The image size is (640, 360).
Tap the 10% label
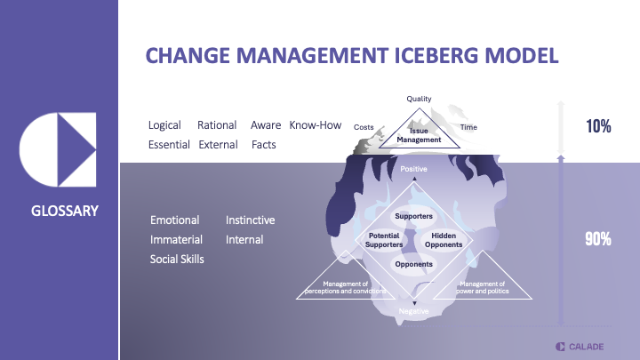coord(597,126)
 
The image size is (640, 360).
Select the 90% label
coord(597,238)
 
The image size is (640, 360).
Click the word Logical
coord(165,125)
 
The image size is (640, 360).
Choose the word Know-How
coord(316,125)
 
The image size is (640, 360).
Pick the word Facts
coord(263,144)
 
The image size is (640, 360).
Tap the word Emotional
coord(174,220)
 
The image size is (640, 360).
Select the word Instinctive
coord(250,220)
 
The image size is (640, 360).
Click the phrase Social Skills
coord(177,259)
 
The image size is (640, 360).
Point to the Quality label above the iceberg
coord(419,98)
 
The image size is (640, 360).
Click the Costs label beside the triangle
coord(364,127)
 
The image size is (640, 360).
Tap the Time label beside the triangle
coord(468,127)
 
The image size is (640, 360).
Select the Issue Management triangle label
coord(419,135)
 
